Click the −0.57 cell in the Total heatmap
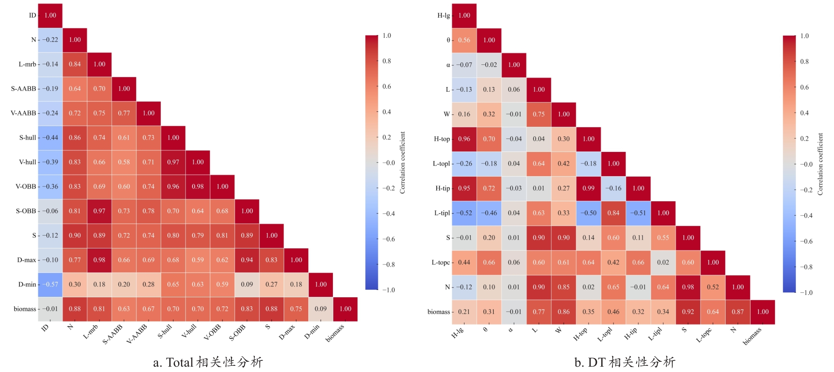pos(50,285)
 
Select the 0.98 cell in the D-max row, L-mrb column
pos(99,260)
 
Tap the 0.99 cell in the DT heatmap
pos(588,188)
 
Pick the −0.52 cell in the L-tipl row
pos(464,213)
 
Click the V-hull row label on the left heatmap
pos(27,162)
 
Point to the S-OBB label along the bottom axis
pos(237,333)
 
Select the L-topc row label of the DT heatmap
pos(440,263)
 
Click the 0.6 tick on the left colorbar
pos(387,87)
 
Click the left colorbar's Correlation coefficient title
pos(403,163)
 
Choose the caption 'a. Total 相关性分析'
pos(208,362)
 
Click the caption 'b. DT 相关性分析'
pos(625,362)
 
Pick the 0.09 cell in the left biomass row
pos(321,309)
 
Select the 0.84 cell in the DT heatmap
pos(613,213)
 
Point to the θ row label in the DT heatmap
pos(448,40)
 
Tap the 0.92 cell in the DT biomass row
pos(688,312)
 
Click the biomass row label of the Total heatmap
pos(25,309)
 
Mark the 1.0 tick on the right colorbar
pos(804,36)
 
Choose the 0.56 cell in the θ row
pos(464,40)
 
